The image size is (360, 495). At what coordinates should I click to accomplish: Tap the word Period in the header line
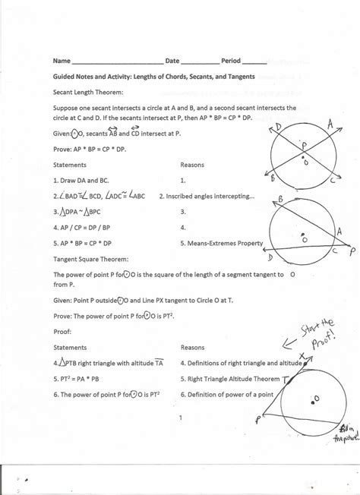pos(231,60)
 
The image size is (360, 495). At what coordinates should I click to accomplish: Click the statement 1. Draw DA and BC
pos(78,181)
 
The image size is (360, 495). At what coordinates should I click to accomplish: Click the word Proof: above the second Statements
pos(62,331)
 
